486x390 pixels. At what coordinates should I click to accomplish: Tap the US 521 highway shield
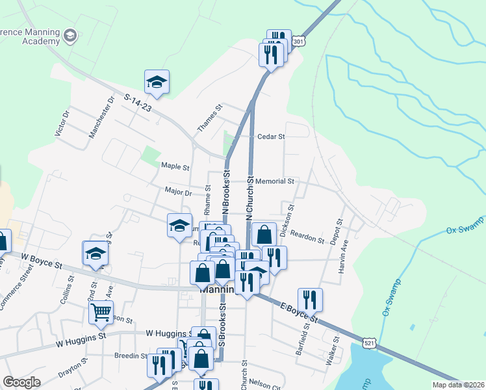point(369,343)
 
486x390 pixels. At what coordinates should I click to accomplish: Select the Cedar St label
point(272,137)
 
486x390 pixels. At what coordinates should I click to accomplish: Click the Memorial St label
point(275,181)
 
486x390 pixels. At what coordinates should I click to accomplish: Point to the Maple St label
point(175,167)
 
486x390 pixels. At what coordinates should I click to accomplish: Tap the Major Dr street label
point(179,192)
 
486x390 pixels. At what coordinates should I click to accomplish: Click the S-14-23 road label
point(137,103)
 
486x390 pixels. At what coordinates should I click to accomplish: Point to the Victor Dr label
point(62,123)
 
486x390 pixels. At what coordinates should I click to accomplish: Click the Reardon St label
point(307,237)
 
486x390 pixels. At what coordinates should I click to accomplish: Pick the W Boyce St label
point(41,263)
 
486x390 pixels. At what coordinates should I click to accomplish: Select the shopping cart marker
point(101,313)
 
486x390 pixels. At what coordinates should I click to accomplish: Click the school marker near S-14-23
point(157,82)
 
